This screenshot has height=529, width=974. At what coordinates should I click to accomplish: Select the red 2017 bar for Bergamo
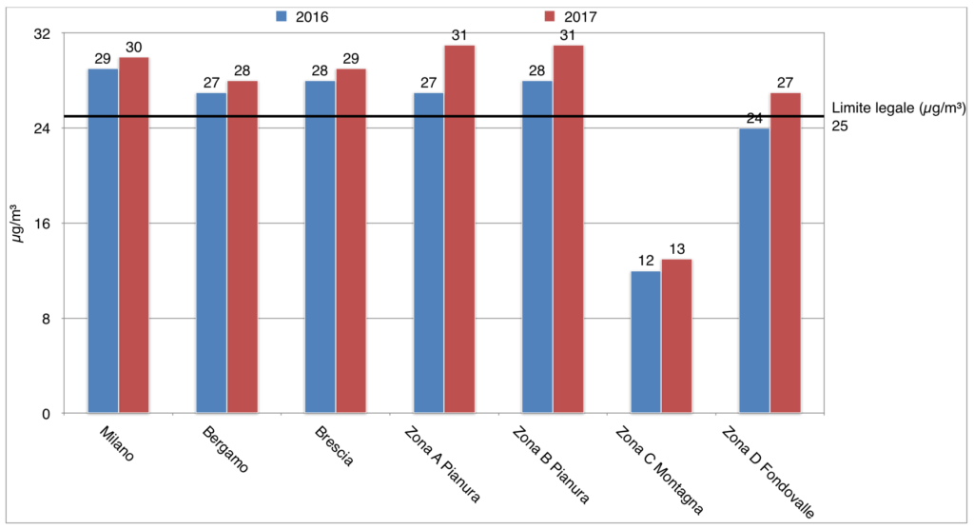pyautogui.click(x=243, y=247)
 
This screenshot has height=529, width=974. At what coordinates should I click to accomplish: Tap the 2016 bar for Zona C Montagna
pyautogui.click(x=646, y=343)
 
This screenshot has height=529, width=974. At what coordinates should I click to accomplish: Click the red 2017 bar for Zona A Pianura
pyautogui.click(x=460, y=229)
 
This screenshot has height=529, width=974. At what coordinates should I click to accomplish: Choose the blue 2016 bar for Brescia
pyautogui.click(x=320, y=247)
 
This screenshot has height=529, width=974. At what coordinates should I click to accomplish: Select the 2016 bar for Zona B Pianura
pyautogui.click(x=537, y=247)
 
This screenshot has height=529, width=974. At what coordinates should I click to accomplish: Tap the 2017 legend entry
pyautogui.click(x=570, y=16)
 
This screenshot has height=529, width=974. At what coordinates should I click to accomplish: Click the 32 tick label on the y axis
pyautogui.click(x=44, y=34)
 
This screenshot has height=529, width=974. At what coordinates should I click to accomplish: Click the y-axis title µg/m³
pyautogui.click(x=17, y=224)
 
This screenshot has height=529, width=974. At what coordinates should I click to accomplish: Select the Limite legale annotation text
pyautogui.click(x=899, y=108)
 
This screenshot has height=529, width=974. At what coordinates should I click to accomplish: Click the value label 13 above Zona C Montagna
pyautogui.click(x=676, y=250)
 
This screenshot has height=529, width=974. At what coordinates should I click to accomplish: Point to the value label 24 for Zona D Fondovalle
pyautogui.click(x=754, y=119)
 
